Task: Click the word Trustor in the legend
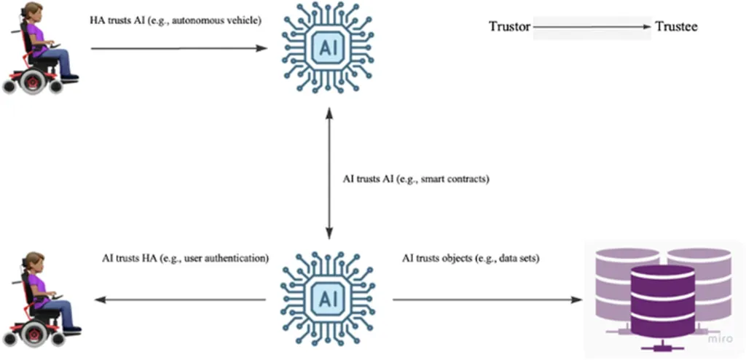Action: pyautogui.click(x=509, y=27)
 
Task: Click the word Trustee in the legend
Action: pyautogui.click(x=676, y=27)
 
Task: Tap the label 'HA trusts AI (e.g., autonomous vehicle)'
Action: pyautogui.click(x=175, y=20)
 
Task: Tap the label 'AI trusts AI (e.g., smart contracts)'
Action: pyautogui.click(x=415, y=178)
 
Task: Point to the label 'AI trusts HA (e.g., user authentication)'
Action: pyautogui.click(x=185, y=258)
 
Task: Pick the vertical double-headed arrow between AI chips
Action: pyautogui.click(x=329, y=178)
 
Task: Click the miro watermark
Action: pyautogui.click(x=723, y=340)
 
